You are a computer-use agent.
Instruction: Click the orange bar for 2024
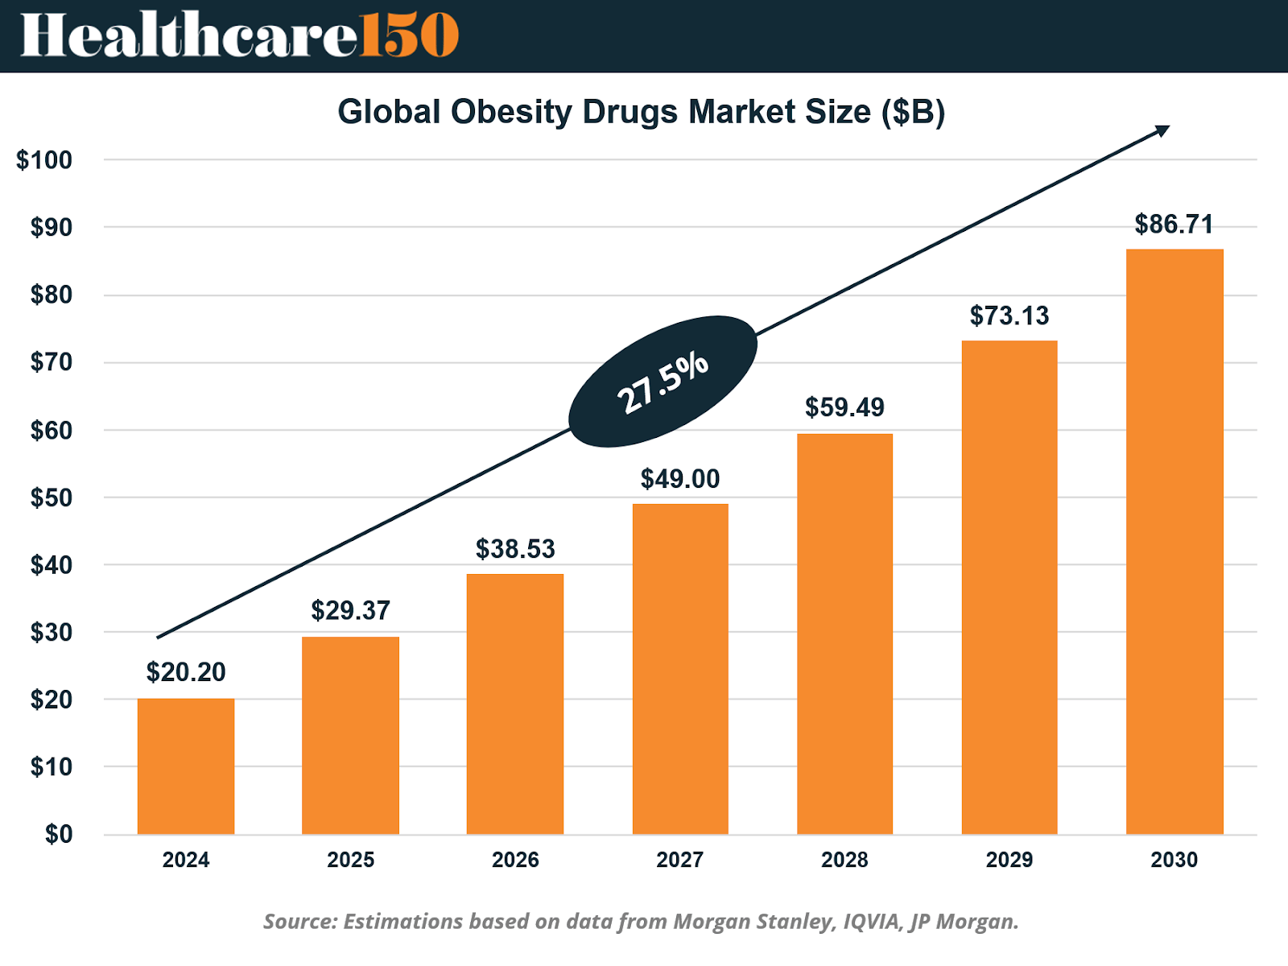click(186, 766)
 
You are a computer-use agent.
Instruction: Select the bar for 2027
click(680, 668)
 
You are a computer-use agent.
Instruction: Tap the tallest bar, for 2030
click(1174, 541)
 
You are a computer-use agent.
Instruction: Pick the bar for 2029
click(1009, 587)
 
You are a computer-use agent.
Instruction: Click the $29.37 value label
click(350, 610)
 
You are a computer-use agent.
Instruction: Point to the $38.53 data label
click(515, 549)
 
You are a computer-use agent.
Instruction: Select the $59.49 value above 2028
click(844, 407)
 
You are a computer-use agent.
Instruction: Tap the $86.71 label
click(1174, 224)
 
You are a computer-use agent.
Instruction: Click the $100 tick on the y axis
click(44, 160)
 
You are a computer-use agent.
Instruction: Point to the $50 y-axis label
click(51, 497)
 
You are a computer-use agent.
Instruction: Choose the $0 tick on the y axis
click(58, 834)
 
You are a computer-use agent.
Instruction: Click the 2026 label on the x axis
click(515, 860)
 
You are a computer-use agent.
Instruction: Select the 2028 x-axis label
click(844, 860)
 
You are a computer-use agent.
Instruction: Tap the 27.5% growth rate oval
click(663, 382)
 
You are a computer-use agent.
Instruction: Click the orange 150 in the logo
click(408, 35)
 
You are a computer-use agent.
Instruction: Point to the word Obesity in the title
click(511, 112)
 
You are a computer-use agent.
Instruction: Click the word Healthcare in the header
click(188, 35)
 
